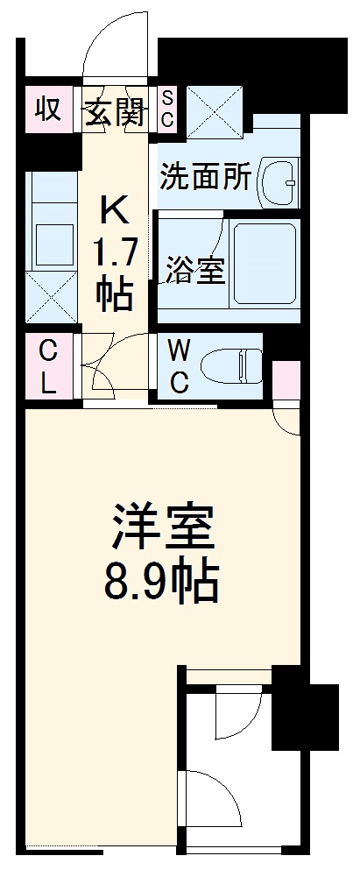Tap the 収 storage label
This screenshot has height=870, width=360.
(47, 110)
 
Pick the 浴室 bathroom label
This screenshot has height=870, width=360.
(195, 272)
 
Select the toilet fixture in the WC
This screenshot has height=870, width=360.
(232, 364)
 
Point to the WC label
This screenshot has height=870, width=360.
(179, 366)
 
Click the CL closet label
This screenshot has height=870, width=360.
(48, 366)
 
